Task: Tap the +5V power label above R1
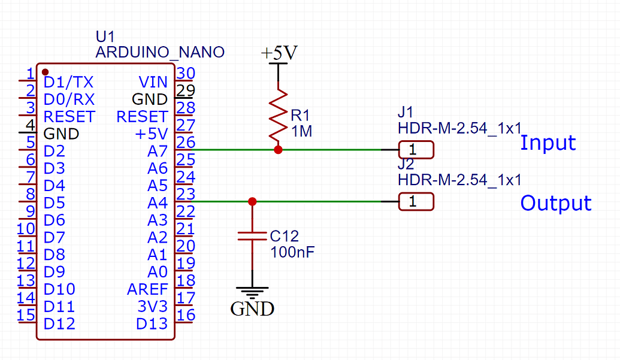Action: pyautogui.click(x=279, y=54)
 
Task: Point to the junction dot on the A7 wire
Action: pyautogui.click(x=277, y=150)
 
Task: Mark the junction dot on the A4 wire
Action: pyautogui.click(x=252, y=202)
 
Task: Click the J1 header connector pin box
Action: pyautogui.click(x=416, y=150)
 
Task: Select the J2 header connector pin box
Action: pyautogui.click(x=416, y=202)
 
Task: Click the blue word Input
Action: pyautogui.click(x=548, y=143)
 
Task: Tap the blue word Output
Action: pyautogui.click(x=555, y=203)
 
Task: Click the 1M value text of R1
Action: pyautogui.click(x=301, y=131)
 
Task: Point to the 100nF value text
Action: pyautogui.click(x=292, y=252)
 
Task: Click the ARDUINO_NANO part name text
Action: pyautogui.click(x=160, y=52)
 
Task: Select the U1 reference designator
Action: pyautogui.click(x=104, y=37)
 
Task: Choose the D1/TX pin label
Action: pyautogui.click(x=68, y=82)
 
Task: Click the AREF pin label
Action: pyautogui.click(x=147, y=289)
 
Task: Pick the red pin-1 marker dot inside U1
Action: pyautogui.click(x=45, y=72)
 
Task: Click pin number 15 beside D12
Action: pyautogui.click(x=26, y=315)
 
